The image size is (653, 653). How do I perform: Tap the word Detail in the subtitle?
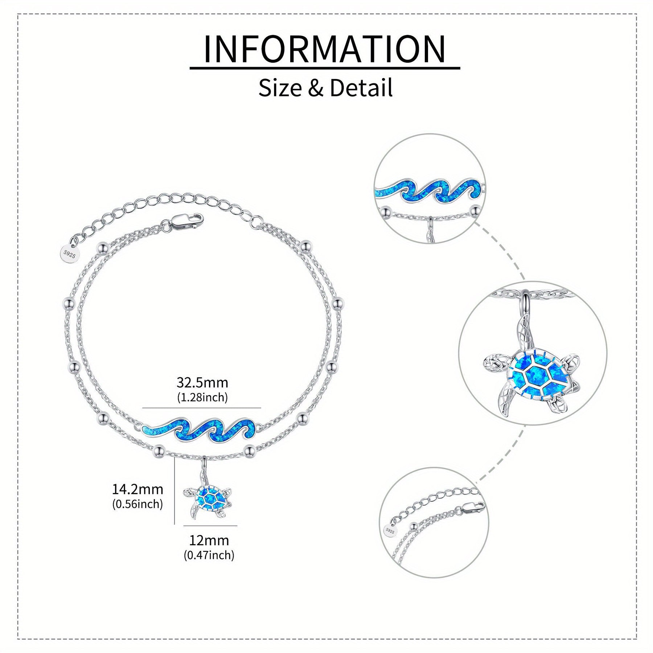pos(361,88)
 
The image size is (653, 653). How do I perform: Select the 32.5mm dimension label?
pos(202,383)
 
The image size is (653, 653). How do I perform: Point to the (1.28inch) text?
pos(202,398)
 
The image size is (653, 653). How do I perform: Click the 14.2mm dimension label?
pos(137,489)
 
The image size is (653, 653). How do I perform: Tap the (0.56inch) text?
pos(137,504)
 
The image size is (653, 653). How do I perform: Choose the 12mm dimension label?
pos(209,541)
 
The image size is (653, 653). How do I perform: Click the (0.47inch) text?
pos(209,555)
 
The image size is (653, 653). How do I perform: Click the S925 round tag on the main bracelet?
pos(69,254)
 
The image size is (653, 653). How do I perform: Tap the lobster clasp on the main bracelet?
pos(186,222)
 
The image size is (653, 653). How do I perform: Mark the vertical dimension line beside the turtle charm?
pos(175,490)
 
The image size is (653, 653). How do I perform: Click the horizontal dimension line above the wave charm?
pos(202,408)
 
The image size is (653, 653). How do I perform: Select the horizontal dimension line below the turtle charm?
pos(210,526)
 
